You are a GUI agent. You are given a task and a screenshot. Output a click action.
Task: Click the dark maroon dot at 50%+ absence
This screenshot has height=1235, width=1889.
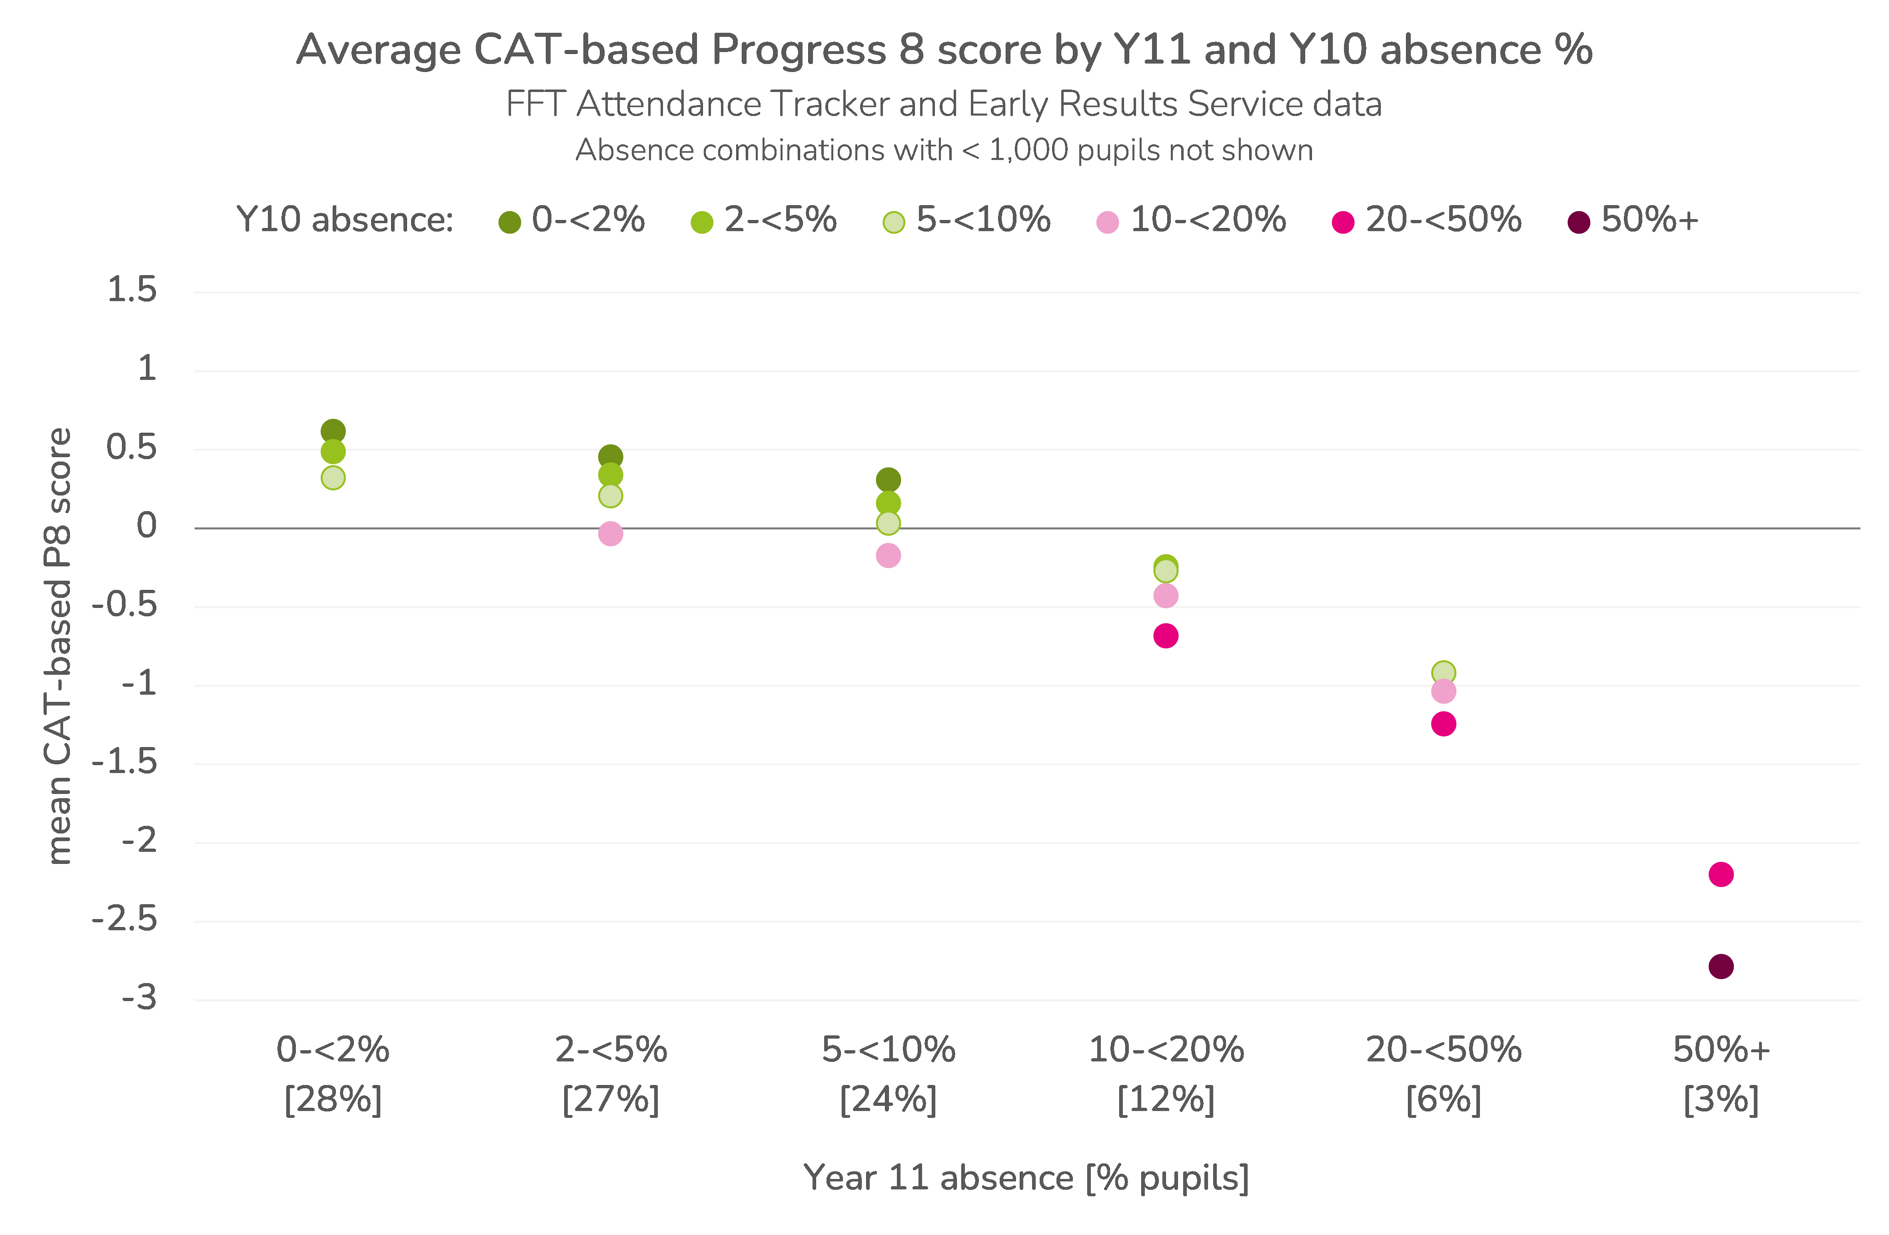point(1721,967)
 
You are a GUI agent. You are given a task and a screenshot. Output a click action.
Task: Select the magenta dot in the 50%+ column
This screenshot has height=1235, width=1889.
point(1721,875)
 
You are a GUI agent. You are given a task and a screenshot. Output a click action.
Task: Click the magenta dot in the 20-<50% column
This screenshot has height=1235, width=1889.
point(1444,724)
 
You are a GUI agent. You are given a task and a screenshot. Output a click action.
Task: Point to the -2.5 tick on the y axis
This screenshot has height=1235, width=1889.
point(125,920)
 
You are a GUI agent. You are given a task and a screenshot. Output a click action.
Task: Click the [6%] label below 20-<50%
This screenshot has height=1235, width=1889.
point(1444,1100)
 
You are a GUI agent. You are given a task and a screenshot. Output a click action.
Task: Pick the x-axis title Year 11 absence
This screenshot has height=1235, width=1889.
point(1025,1178)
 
